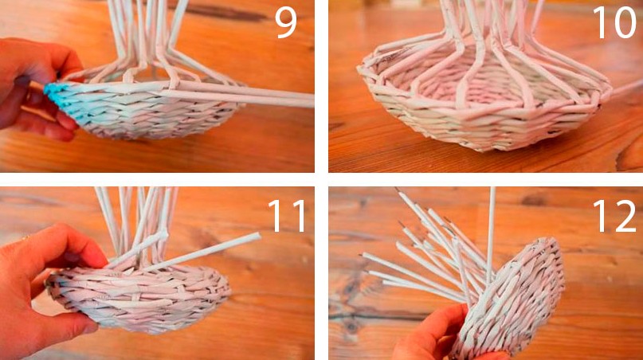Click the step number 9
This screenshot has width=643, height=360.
coord(285,23)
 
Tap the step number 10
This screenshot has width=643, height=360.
coord(614,23)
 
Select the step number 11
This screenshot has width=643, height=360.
coord(287,216)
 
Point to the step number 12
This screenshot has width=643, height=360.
coord(614,216)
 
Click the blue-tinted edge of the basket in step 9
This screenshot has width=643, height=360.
coord(61,100)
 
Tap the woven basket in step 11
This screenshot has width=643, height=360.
coord(139,297)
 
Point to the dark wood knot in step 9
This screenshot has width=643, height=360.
coord(229,13)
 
